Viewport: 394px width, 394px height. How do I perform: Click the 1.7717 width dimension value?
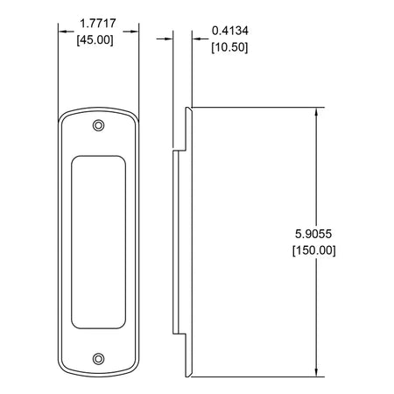point(98,24)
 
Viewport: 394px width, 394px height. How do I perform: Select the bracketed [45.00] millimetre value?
point(95,40)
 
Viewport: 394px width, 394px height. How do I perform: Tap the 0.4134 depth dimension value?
point(230,31)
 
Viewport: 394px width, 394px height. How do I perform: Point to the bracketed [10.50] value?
point(229,47)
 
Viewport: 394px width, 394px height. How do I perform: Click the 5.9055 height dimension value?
point(313,234)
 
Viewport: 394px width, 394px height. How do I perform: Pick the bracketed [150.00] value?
point(314,250)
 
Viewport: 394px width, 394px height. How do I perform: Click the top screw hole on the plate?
point(99,126)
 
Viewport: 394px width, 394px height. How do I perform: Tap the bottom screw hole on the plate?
point(99,359)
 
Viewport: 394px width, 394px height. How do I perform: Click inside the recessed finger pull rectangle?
point(99,243)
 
